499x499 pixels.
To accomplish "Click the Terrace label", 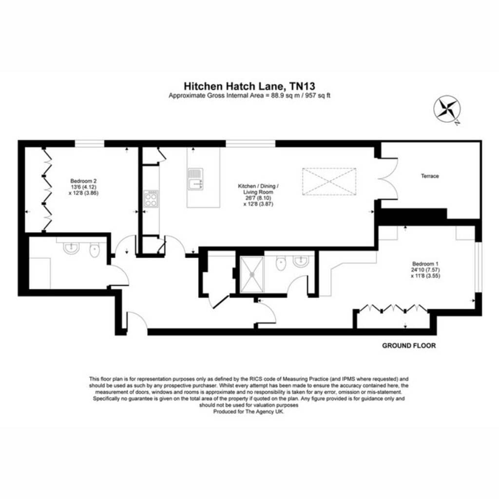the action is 430,176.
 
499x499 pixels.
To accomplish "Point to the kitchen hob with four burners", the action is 151,199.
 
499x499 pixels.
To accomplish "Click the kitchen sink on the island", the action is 195,179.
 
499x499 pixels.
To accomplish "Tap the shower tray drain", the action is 252,274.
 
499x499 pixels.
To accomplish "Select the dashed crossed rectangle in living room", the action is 329,181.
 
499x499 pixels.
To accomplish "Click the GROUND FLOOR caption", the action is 409,345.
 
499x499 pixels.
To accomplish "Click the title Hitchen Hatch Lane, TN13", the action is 249,86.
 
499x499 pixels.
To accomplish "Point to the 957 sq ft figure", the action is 318,96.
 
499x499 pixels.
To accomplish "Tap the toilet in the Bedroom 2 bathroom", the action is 95,250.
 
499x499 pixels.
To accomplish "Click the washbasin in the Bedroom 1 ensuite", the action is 301,262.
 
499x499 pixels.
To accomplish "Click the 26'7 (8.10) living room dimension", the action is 258,198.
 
